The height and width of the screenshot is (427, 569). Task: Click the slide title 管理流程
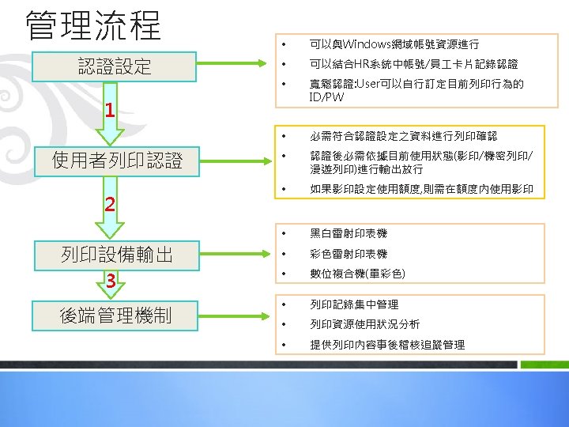[93, 25]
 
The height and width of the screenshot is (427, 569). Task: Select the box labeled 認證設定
[115, 66]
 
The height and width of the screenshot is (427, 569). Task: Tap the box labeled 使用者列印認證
[117, 161]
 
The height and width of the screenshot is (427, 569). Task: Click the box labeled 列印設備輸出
[117, 254]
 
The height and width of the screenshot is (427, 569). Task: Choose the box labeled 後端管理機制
[115, 315]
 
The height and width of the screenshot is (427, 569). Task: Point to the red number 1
[111, 110]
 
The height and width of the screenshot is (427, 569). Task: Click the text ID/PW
[327, 97]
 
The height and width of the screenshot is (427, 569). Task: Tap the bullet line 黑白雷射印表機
[349, 234]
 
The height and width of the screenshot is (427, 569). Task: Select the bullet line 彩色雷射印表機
[349, 254]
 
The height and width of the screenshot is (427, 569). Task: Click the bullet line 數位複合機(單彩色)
[357, 274]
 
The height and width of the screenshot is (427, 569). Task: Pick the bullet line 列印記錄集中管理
[354, 304]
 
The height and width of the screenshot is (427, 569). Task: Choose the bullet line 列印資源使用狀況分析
[364, 324]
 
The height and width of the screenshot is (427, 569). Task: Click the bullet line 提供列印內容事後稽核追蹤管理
[387, 345]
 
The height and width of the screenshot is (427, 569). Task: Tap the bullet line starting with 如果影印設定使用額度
[421, 189]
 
